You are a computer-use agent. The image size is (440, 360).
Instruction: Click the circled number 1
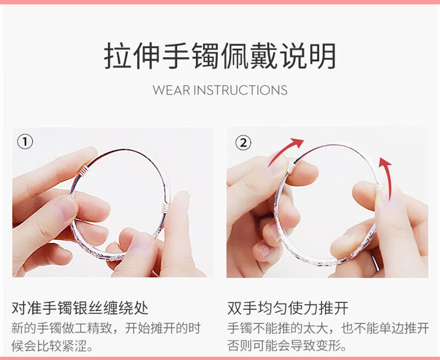[25, 142]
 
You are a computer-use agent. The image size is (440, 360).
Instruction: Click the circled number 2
[243, 142]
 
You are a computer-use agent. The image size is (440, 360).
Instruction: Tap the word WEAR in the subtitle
[171, 90]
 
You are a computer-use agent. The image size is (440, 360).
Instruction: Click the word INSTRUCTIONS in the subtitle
[240, 90]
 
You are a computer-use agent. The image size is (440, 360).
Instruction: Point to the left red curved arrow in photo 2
[283, 151]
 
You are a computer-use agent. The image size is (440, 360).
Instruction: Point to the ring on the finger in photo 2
[376, 263]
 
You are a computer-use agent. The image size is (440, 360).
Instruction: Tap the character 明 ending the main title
[323, 56]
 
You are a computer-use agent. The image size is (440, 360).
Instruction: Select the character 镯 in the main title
[205, 56]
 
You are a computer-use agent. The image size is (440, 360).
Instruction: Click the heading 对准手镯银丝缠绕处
[80, 308]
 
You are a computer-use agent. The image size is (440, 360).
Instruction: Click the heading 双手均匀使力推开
[288, 308]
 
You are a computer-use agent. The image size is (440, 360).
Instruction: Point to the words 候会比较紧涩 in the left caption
[52, 346]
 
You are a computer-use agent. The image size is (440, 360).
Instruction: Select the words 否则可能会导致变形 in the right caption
[287, 346]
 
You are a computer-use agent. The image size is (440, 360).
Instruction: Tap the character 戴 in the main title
[264, 56]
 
